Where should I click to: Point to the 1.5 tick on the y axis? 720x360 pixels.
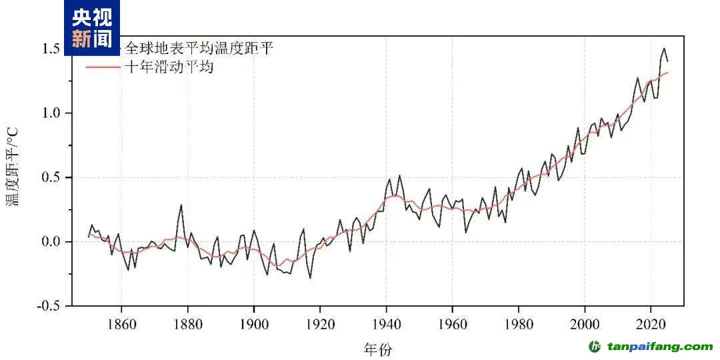click(52, 49)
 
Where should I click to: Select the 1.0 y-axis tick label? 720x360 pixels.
click(52, 113)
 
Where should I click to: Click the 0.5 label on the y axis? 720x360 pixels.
click(52, 177)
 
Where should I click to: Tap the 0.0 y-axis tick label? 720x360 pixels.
click(52, 241)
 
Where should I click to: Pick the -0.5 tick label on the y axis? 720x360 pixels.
click(50, 305)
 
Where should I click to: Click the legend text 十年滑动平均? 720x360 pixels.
click(169, 67)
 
